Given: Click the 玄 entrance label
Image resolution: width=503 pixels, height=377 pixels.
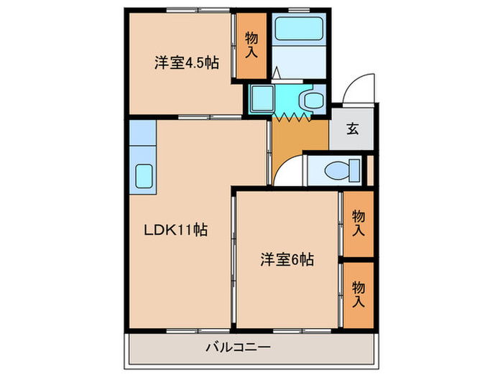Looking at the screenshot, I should [353, 129].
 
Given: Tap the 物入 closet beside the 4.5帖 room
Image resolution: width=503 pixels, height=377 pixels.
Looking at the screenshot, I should [251, 47].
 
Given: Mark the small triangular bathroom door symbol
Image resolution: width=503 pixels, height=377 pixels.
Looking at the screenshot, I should [277, 73].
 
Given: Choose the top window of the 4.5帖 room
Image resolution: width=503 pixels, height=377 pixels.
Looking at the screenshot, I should [184, 10].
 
